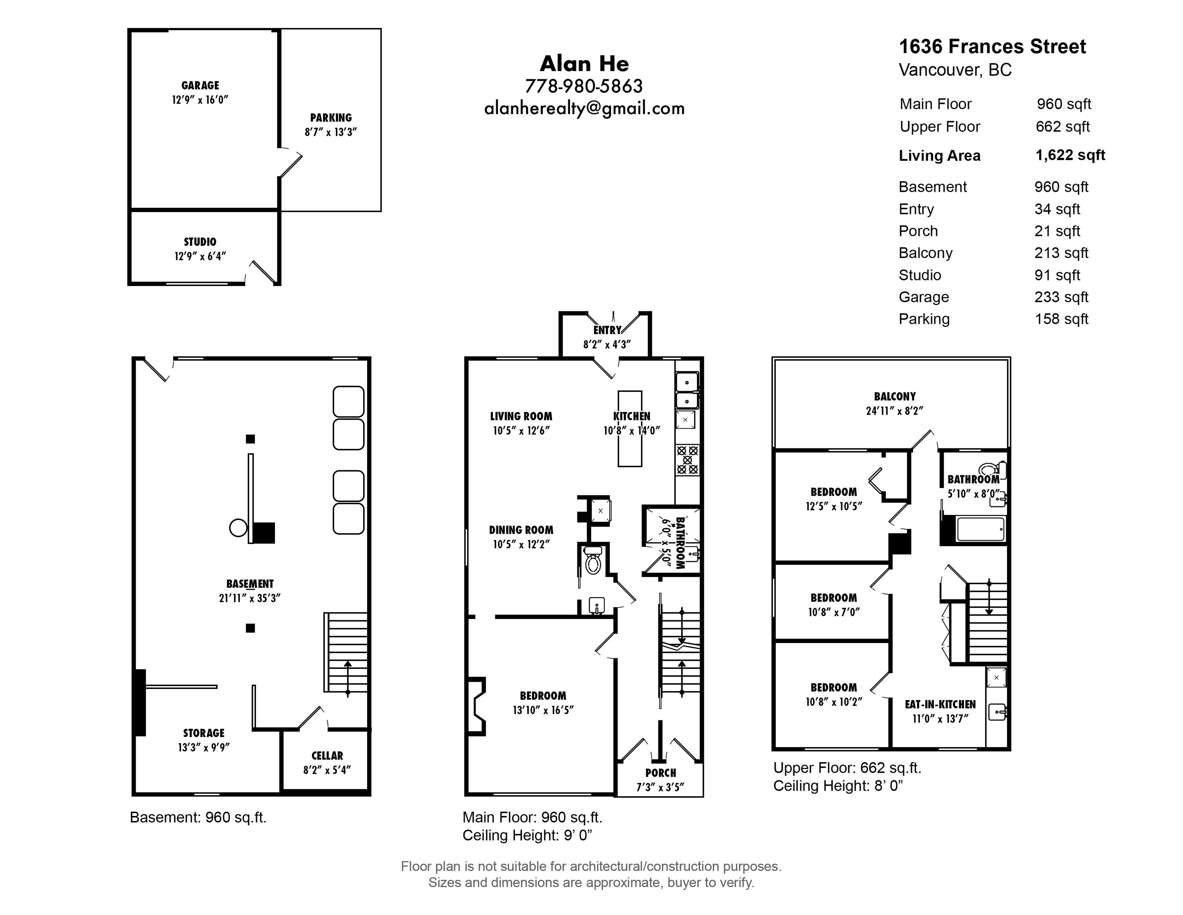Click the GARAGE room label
click(x=200, y=86)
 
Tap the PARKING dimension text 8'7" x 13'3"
click(x=331, y=132)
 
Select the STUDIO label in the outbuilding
click(x=200, y=242)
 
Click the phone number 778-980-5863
click(x=584, y=86)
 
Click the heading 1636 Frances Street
click(x=993, y=46)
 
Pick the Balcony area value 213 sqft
click(x=1061, y=253)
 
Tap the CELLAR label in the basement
click(x=327, y=756)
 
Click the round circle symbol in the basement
click(x=239, y=527)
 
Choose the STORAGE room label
click(x=204, y=733)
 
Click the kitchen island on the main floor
click(x=630, y=429)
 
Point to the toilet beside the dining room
click(x=593, y=560)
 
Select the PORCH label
click(x=660, y=773)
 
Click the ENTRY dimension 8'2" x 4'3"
click(x=607, y=344)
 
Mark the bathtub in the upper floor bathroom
click(x=981, y=529)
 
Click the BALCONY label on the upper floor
click(x=895, y=397)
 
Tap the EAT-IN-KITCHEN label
click(x=941, y=705)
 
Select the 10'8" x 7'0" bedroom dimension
click(x=834, y=612)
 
